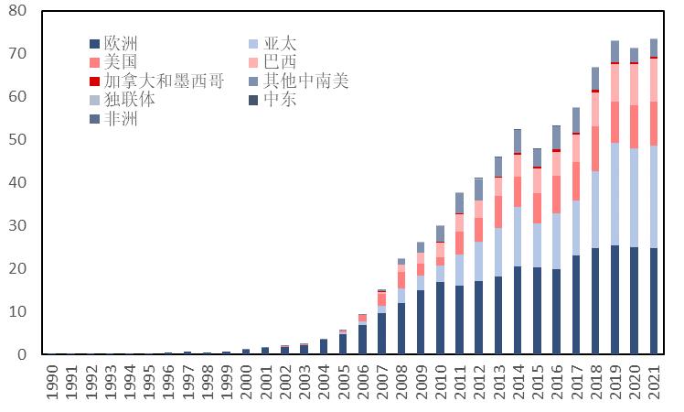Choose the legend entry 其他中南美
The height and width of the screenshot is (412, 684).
click(305, 81)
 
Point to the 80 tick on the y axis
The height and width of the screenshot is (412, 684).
click(18, 11)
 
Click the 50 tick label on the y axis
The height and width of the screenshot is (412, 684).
click(18, 140)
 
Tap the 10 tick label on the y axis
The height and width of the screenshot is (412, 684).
click(18, 312)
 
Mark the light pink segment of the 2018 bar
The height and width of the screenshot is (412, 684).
click(596, 109)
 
